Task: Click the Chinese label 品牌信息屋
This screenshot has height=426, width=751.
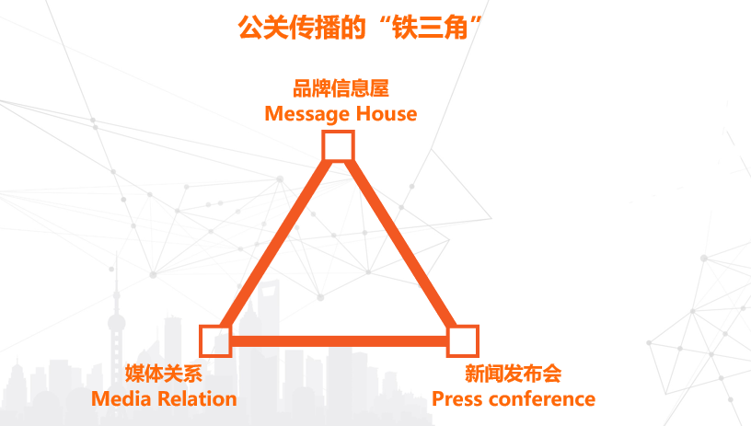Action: coord(341,90)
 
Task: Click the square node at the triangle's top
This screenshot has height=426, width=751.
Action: coord(339,146)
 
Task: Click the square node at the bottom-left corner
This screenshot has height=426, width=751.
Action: coord(215,340)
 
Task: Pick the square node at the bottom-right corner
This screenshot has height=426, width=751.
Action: coord(463,340)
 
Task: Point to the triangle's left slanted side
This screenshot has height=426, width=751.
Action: coord(277,244)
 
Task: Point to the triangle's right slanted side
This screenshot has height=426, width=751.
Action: coord(401,244)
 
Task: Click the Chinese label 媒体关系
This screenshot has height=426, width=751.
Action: coord(163,374)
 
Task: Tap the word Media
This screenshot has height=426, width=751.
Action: coord(120,398)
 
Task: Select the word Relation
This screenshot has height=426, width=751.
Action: coord(195,398)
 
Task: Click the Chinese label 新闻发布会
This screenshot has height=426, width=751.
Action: coord(513,374)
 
